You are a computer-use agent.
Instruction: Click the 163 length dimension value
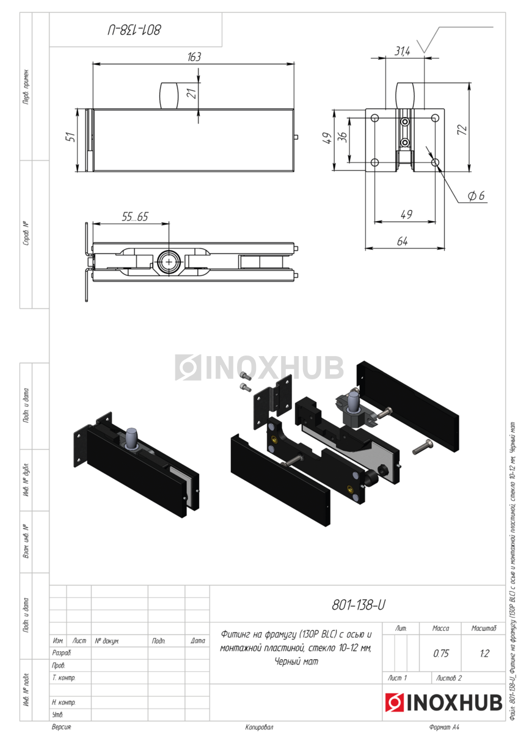tap(194, 57)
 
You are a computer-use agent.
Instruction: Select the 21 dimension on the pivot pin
tap(193, 94)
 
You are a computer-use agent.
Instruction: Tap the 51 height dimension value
tap(71, 137)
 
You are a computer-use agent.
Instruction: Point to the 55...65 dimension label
tap(135, 216)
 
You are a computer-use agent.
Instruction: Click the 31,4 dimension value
tap(402, 51)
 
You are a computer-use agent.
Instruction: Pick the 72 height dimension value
tap(462, 129)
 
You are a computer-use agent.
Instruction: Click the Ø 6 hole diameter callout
tap(476, 195)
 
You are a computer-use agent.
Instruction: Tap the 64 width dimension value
tap(402, 241)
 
